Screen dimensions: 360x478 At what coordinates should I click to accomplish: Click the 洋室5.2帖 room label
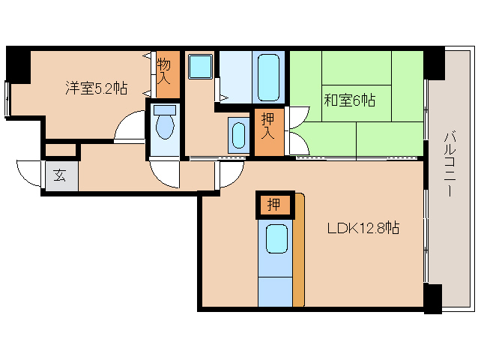[x=95, y=88]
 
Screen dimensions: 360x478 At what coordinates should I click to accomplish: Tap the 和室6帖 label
[x=349, y=100]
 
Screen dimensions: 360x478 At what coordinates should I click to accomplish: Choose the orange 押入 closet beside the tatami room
[x=267, y=133]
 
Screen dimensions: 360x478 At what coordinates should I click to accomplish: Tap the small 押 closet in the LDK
[x=274, y=204]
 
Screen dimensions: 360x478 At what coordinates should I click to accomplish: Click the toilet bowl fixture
[x=164, y=124]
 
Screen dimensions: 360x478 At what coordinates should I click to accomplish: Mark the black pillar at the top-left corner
[x=18, y=64]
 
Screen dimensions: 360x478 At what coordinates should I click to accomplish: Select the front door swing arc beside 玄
[x=28, y=174]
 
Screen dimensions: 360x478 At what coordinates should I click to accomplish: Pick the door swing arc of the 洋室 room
[x=129, y=127]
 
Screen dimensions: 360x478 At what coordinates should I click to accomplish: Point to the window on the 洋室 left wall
[x=7, y=97]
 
